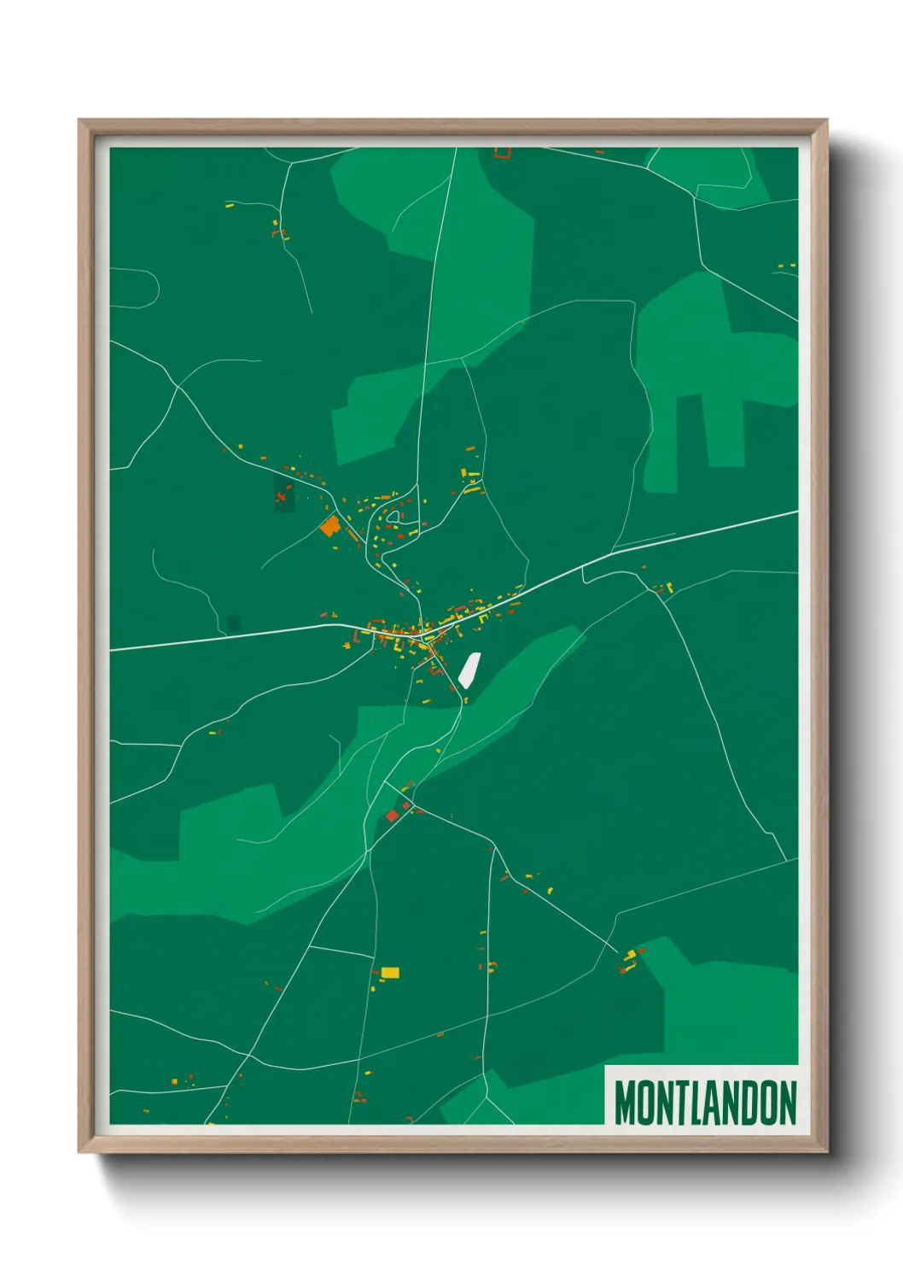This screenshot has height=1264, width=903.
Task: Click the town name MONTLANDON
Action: pyautogui.click(x=705, y=1103)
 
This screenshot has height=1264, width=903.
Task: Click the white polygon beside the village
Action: pyautogui.click(x=469, y=670)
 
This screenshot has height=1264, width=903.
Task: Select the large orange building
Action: pyautogui.click(x=330, y=525)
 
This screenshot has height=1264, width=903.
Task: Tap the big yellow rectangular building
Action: pyautogui.click(x=390, y=972)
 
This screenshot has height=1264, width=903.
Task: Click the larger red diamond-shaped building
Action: pyautogui.click(x=392, y=816)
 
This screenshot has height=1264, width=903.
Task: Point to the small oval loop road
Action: pyautogui.click(x=393, y=516)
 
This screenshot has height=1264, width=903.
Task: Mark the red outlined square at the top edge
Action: pyautogui.click(x=503, y=154)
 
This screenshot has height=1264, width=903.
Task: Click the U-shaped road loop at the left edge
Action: pyautogui.click(x=145, y=288)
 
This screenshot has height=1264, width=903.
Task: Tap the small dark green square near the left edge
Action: pyautogui.click(x=234, y=623)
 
